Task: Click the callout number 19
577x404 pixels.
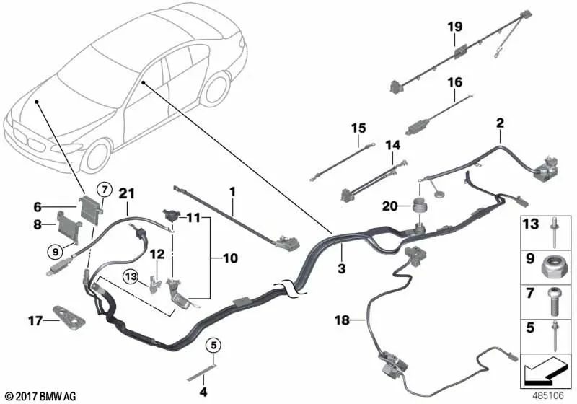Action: click(454, 27)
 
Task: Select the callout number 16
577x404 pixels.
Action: click(454, 82)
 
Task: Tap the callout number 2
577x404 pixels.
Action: click(499, 123)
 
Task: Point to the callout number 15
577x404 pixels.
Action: click(358, 128)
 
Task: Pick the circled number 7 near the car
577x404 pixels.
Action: click(103, 190)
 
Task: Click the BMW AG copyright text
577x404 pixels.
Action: click(40, 395)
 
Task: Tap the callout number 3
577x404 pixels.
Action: click(342, 268)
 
